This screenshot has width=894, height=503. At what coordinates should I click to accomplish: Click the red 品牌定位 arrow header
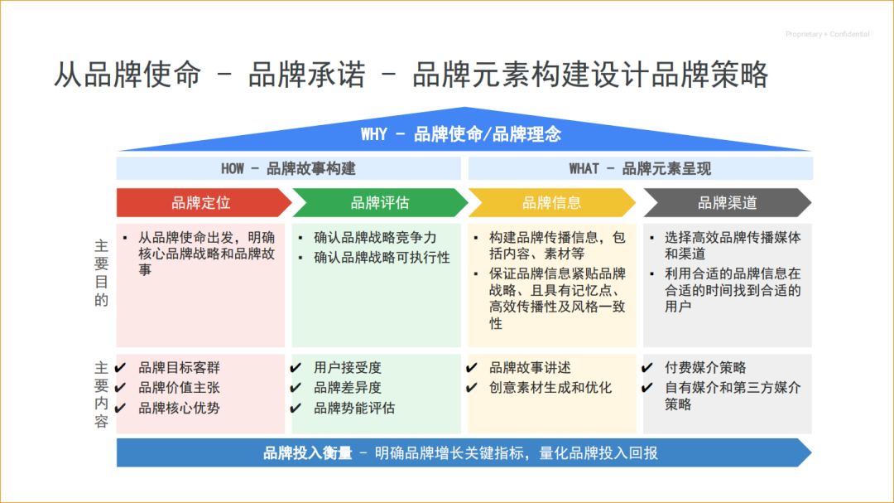pyautogui.click(x=201, y=202)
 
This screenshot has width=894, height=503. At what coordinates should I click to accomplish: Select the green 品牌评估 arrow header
pyautogui.click(x=379, y=202)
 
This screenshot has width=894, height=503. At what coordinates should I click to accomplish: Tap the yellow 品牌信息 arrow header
pyautogui.click(x=551, y=202)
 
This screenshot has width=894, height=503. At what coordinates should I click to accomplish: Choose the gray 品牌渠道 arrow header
pyautogui.click(x=727, y=202)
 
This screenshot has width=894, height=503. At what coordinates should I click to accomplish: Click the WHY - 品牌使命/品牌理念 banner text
pyautogui.click(x=460, y=134)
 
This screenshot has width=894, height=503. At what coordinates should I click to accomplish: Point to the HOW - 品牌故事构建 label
pyautogui.click(x=288, y=168)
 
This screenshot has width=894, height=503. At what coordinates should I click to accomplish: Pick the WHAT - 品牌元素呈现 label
pyautogui.click(x=640, y=168)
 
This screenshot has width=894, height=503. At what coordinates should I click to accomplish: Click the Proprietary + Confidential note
pyautogui.click(x=827, y=34)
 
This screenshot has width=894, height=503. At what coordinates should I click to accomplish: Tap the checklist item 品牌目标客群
pyautogui.click(x=179, y=367)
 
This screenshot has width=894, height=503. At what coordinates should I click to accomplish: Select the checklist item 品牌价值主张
pyautogui.click(x=179, y=387)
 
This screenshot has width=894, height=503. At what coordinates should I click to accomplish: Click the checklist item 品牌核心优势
pyautogui.click(x=179, y=408)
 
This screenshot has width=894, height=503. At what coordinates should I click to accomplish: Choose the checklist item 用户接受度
pyautogui.click(x=348, y=367)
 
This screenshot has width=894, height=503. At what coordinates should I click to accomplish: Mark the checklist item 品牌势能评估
pyautogui.click(x=354, y=408)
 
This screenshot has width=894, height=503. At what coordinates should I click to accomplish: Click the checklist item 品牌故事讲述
pyautogui.click(x=530, y=367)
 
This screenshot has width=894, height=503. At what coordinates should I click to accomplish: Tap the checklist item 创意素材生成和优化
pyautogui.click(x=550, y=387)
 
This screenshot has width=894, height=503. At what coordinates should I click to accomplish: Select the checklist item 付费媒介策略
pyautogui.click(x=705, y=367)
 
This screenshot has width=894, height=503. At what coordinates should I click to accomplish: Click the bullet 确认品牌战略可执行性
pyautogui.click(x=382, y=257)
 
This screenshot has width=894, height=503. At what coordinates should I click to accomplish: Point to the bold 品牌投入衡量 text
pyautogui.click(x=307, y=452)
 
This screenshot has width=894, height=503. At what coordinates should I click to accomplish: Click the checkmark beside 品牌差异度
pyautogui.click(x=296, y=388)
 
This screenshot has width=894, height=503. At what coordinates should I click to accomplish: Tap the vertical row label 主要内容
pyautogui.click(x=101, y=394)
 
